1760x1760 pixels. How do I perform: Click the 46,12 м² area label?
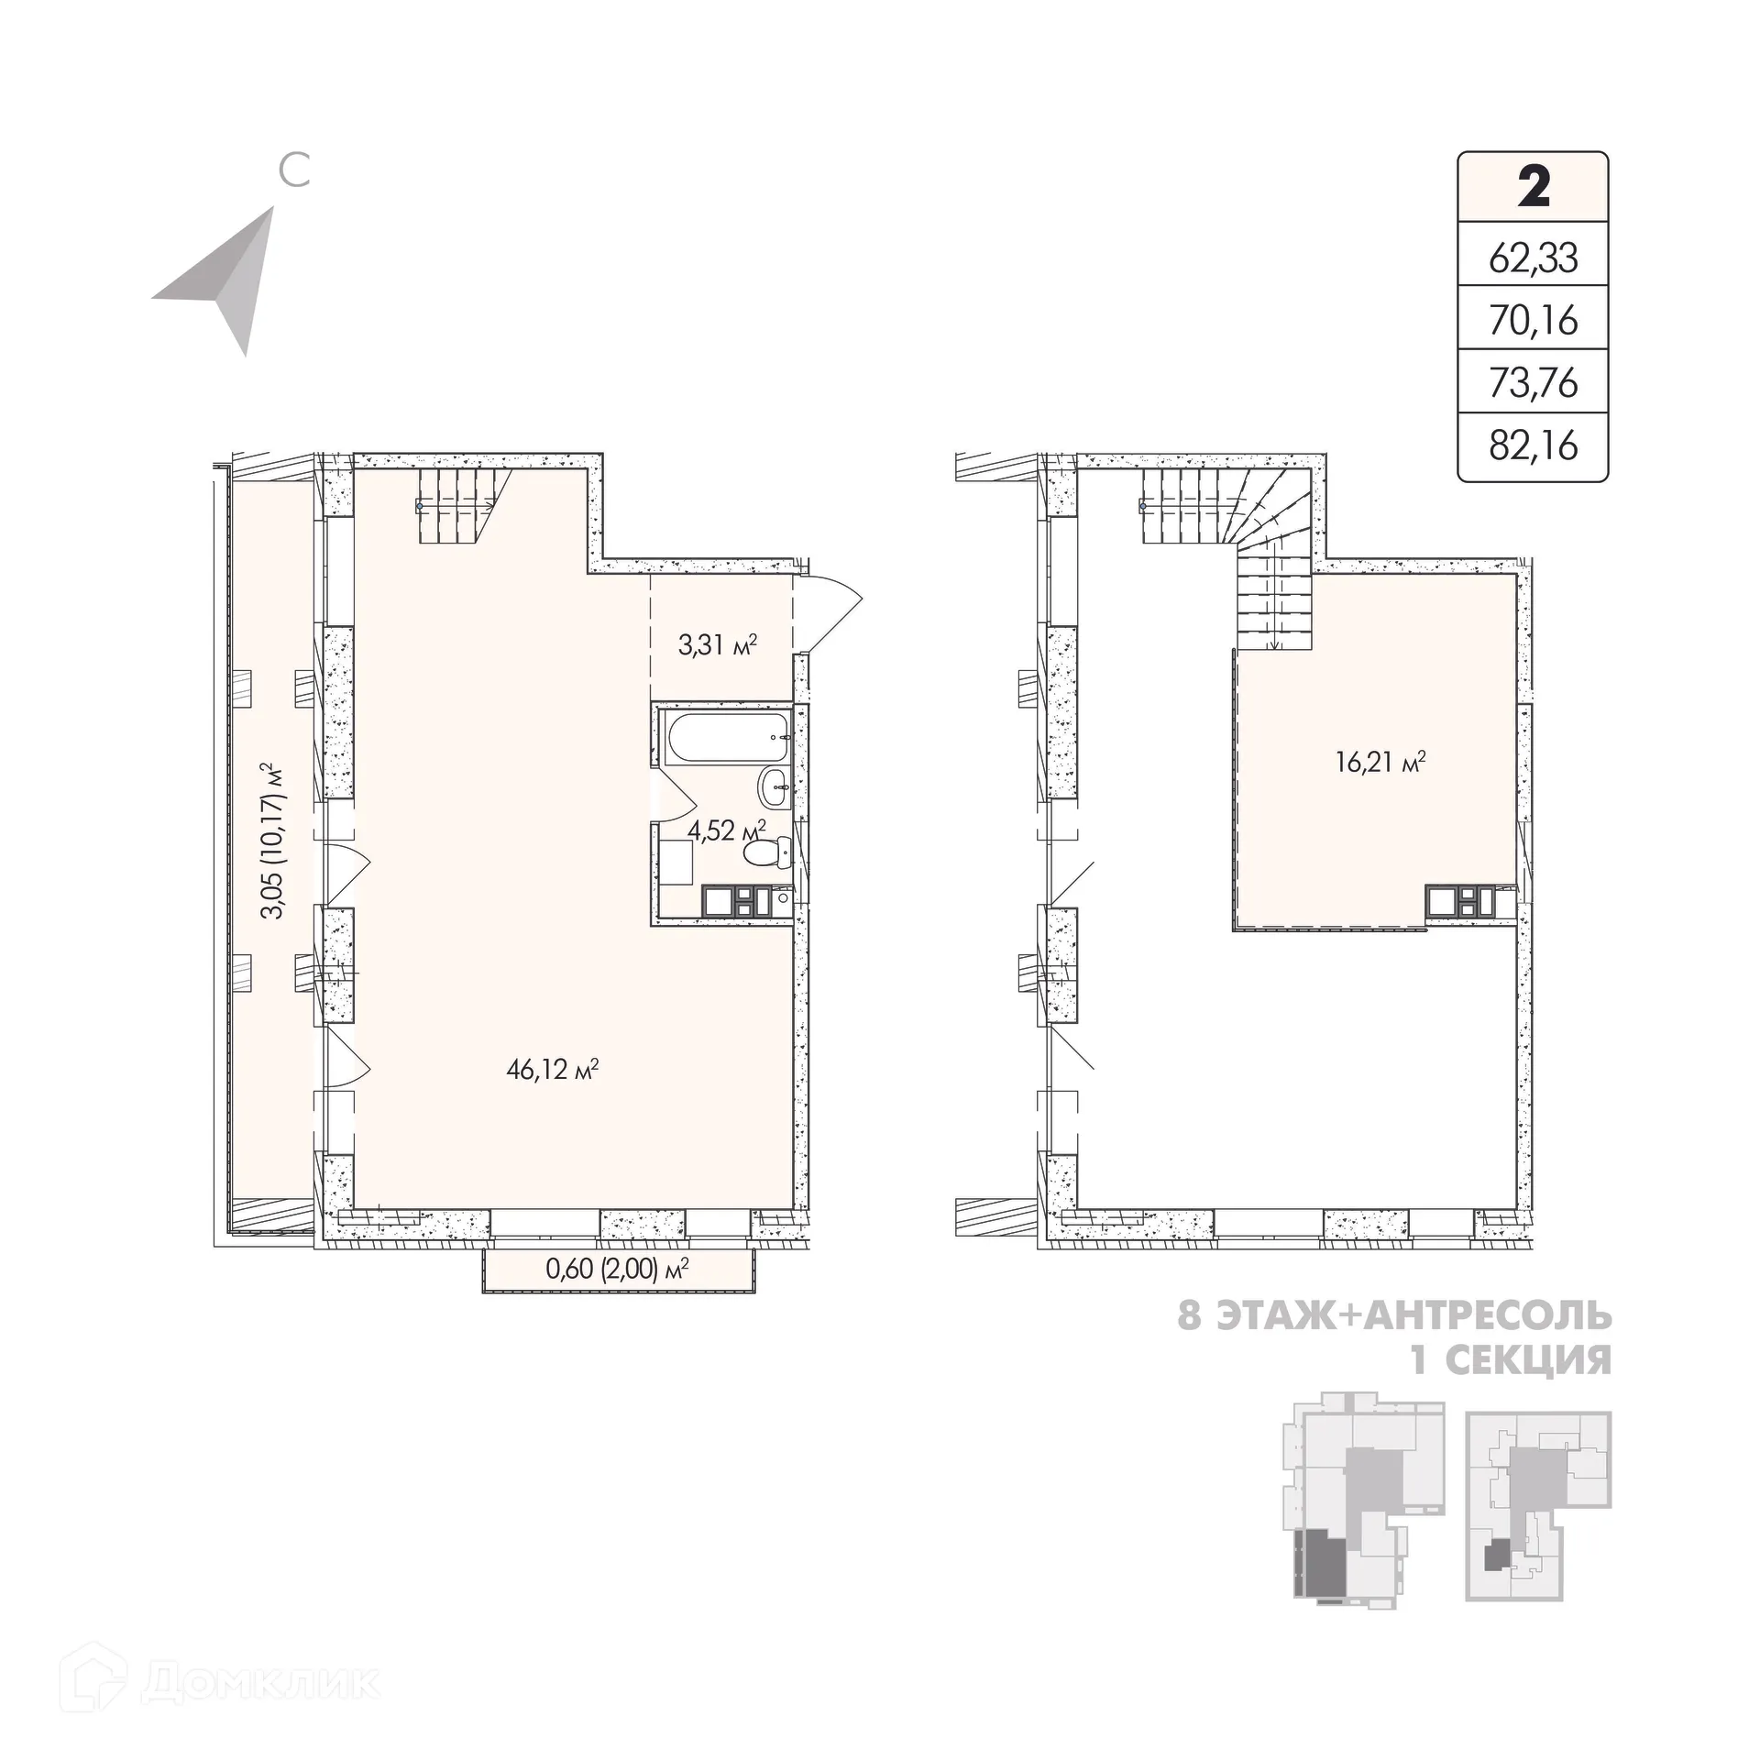click(x=553, y=1070)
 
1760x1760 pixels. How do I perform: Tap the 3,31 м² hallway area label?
click(x=718, y=645)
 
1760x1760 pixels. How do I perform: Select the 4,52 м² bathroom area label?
click(x=726, y=831)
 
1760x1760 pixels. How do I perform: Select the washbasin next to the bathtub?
click(x=775, y=787)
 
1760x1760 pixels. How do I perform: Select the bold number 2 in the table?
click(x=1534, y=187)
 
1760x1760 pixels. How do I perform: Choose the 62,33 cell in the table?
click(x=1534, y=258)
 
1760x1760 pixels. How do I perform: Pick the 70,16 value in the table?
click(x=1534, y=321)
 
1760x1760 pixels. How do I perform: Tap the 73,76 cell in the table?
click(x=1534, y=382)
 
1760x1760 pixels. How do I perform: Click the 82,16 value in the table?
click(x=1534, y=445)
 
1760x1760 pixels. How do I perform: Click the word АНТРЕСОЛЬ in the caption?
click(x=1488, y=1317)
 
